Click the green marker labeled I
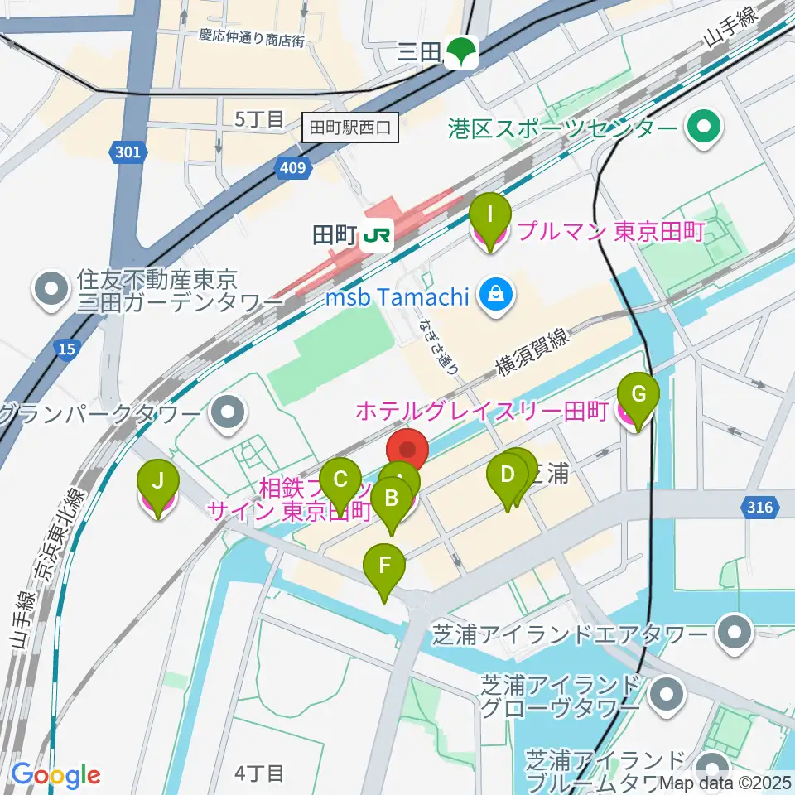coord(489,217)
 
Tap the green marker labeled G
coord(638,395)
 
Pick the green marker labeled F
coord(384,566)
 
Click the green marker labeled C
coord(340,480)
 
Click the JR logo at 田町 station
coord(377,236)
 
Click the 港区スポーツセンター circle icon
coord(705,128)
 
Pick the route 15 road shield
coord(66,350)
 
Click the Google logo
coord(55,776)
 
